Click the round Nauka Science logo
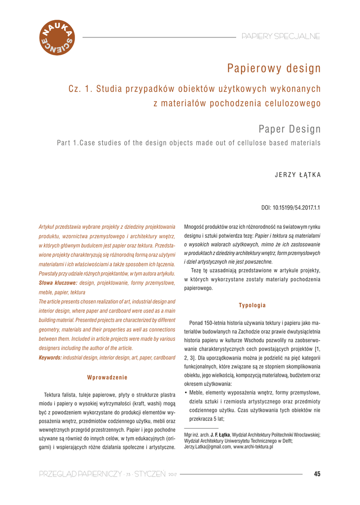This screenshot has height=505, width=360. pyautogui.click(x=56, y=38)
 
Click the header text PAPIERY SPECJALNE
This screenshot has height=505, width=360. pyautogui.click(x=281, y=36)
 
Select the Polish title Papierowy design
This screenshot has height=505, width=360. pyautogui.click(x=274, y=69)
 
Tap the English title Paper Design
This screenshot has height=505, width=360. pyautogui.click(x=289, y=129)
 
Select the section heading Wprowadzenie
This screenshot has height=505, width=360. pyautogui.click(x=107, y=377)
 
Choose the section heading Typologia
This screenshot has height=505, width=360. pyautogui.click(x=252, y=305)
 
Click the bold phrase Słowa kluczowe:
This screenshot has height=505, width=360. pyautogui.click(x=58, y=283)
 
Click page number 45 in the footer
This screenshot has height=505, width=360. pyautogui.click(x=317, y=474)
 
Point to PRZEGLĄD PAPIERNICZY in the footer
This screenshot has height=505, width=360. pyautogui.click(x=80, y=474)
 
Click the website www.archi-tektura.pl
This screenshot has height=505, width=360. pyautogui.click(x=253, y=447)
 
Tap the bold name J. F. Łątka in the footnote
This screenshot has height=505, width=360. pyautogui.click(x=220, y=434)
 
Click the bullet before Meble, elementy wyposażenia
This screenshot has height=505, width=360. pyautogui.click(x=185, y=393)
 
